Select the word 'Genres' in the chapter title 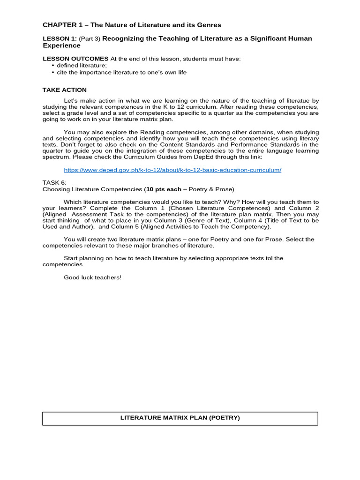coord(208,25)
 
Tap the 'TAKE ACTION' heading coord(65,90)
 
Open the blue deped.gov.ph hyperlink coord(172,170)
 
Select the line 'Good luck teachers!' coord(92,277)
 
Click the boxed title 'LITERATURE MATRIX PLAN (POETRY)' coord(180,418)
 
